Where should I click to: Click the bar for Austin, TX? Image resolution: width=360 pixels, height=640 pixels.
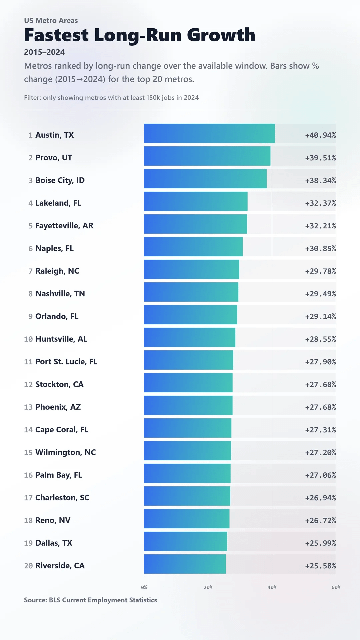(209, 133)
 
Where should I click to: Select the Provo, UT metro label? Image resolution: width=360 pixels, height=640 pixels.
(53, 158)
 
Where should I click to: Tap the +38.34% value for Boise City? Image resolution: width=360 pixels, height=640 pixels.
(320, 180)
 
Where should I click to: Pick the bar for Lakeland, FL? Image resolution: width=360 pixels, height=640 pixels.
(196, 201)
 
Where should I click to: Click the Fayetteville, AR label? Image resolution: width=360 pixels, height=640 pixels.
(64, 226)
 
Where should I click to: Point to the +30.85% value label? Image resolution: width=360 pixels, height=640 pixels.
(320, 248)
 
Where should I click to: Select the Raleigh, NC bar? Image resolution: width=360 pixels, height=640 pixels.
(192, 269)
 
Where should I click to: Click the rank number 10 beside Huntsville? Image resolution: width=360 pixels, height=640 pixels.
(28, 339)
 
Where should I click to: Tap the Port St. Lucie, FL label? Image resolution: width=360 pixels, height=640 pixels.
(66, 362)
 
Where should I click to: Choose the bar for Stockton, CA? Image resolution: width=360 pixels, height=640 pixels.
(188, 383)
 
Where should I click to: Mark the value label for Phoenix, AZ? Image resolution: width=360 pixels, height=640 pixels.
(320, 407)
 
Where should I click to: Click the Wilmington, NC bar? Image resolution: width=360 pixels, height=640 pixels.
(187, 451)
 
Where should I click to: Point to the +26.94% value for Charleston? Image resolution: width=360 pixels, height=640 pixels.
(320, 498)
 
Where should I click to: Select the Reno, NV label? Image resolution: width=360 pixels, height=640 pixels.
(53, 520)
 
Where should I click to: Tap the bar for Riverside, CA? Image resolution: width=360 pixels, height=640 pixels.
(185, 564)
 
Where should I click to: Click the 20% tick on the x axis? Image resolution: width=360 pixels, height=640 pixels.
(208, 587)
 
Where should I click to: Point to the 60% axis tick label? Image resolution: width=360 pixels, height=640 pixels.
(336, 587)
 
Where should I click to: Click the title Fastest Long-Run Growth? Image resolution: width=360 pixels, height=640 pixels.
(140, 35)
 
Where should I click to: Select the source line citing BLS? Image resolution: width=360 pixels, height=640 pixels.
(90, 600)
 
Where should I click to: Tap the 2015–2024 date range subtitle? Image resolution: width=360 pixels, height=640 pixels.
(44, 52)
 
